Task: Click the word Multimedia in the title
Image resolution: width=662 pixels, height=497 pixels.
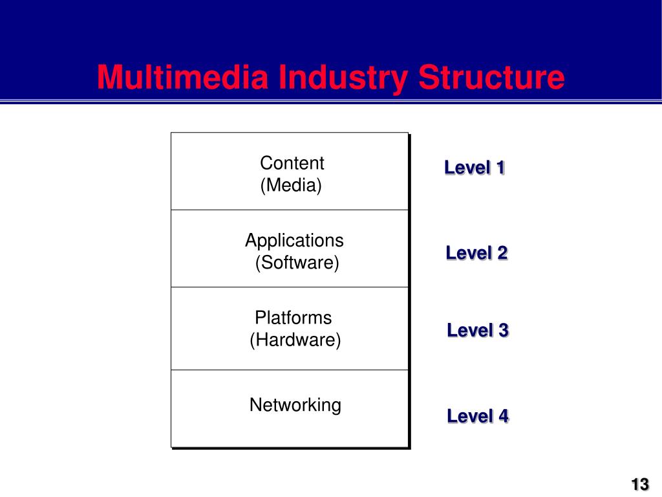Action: tap(182, 78)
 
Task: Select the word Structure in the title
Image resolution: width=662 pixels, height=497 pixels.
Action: tap(491, 78)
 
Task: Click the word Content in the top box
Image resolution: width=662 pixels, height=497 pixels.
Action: tap(292, 163)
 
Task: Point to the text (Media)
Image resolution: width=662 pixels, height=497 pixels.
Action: tap(291, 186)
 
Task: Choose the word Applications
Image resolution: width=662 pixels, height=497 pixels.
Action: tap(294, 241)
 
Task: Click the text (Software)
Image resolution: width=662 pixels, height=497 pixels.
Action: tap(297, 263)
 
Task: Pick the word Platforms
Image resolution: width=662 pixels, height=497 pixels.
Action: tap(293, 318)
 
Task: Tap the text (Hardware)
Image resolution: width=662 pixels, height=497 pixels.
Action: tap(295, 340)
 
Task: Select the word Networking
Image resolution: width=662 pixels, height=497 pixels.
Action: tap(295, 405)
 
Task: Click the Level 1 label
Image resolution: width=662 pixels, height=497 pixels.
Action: tap(475, 168)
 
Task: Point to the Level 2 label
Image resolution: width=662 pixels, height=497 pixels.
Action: tap(476, 252)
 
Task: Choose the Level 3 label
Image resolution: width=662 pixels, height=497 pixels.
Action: tap(478, 330)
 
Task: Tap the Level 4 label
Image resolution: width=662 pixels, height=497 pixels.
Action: tap(478, 415)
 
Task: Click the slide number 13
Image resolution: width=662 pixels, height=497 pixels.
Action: tap(640, 484)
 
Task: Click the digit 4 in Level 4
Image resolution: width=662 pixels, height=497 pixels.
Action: tap(502, 415)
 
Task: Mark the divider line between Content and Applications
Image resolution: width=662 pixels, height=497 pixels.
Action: tap(290, 210)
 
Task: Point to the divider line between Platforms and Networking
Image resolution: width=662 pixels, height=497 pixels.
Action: tap(290, 370)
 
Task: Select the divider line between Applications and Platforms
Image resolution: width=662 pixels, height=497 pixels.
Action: tap(290, 287)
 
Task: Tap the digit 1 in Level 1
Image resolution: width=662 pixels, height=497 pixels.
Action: tap(500, 168)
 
